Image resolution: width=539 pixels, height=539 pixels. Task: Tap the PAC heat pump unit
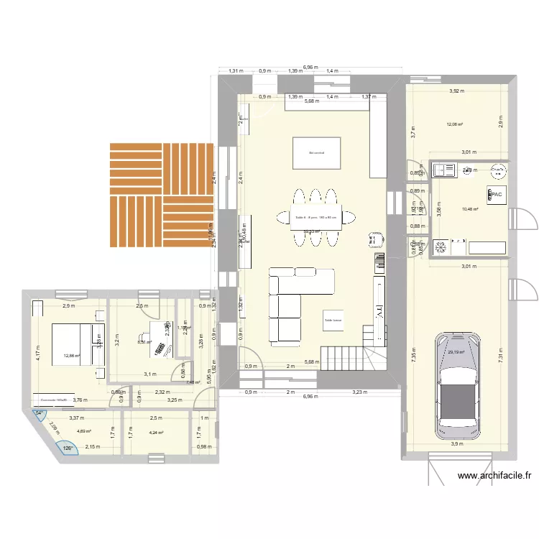point(494,194)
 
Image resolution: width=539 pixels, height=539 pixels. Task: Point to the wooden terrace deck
point(162,194)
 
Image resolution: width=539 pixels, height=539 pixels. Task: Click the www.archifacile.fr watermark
point(495,475)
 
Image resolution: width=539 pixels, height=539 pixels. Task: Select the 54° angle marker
point(40,413)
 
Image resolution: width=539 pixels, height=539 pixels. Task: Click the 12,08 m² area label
point(454,124)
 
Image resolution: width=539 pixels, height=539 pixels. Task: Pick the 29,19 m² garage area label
point(456,352)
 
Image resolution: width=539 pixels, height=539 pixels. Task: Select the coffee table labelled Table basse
point(333,321)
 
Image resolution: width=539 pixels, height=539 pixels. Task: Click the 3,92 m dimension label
point(457,91)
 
